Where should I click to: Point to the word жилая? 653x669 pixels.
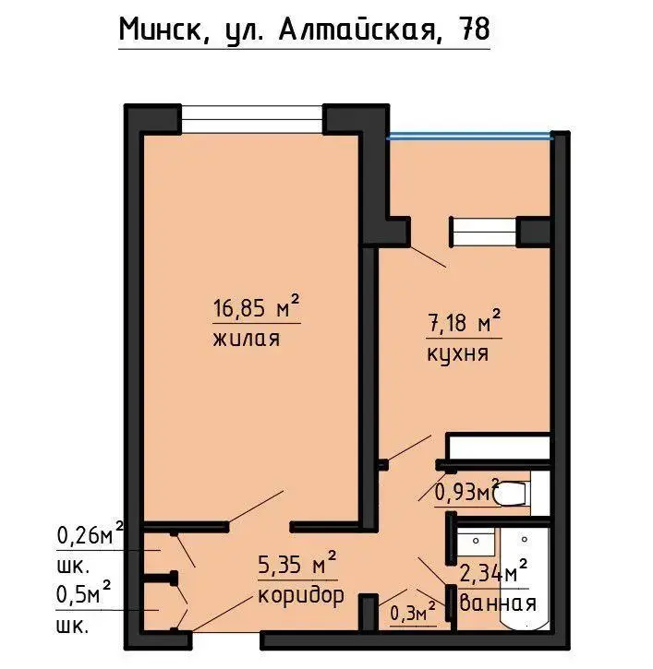[x=247, y=339]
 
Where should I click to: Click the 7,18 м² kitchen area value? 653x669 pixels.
[x=464, y=322]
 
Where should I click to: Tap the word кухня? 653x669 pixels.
[x=457, y=353]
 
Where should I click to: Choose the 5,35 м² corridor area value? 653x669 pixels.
[x=297, y=563]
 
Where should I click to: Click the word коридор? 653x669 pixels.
[x=301, y=595]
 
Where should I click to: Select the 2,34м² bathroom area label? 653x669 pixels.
[x=493, y=572]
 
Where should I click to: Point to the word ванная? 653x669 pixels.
[x=498, y=603]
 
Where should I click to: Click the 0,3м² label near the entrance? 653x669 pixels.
[x=413, y=613]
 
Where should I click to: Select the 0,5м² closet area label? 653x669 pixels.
[x=84, y=593]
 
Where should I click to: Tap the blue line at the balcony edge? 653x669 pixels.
[x=470, y=137]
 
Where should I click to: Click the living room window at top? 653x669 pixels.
[x=252, y=119]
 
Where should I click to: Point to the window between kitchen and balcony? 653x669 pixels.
[x=483, y=233]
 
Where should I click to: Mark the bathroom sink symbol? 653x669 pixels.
[x=476, y=542]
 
